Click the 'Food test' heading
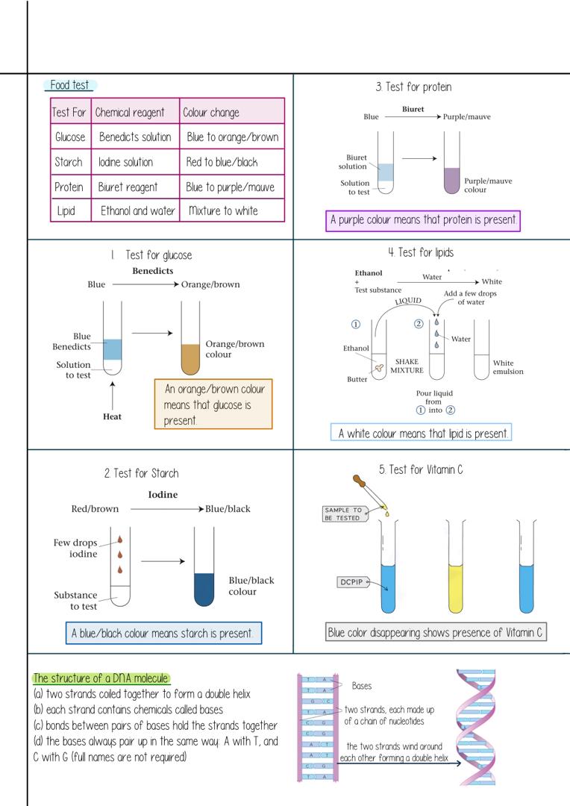[x=69, y=85]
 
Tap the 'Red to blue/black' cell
[x=222, y=162]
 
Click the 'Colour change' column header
[x=211, y=113]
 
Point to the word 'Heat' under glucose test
[x=112, y=416]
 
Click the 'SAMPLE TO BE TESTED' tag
[x=342, y=513]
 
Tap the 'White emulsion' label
[x=508, y=367]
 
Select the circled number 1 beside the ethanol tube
[x=356, y=324]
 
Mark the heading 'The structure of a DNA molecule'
[x=101, y=678]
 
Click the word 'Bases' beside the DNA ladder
[x=361, y=685]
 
